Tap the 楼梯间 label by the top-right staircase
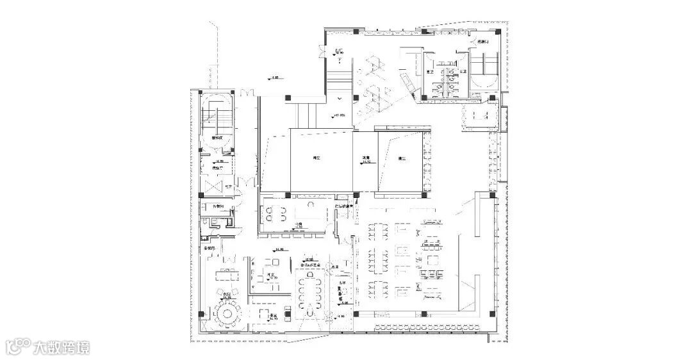[483, 42]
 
